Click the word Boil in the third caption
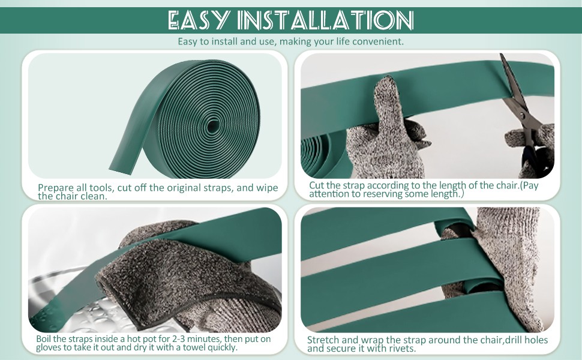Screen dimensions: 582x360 pos(44,338)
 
